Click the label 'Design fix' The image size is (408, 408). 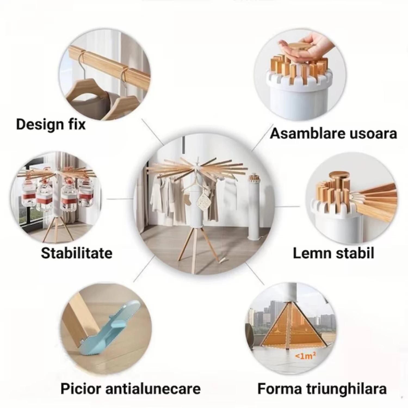tap(51, 125)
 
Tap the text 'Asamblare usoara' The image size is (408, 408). tap(333, 134)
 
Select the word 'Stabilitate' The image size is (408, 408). tap(76, 253)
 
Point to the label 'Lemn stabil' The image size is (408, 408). tap(333, 253)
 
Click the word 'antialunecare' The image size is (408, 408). tap(153, 388)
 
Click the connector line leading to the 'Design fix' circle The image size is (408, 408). tap(152, 132)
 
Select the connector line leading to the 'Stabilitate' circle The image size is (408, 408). tap(120, 199)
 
